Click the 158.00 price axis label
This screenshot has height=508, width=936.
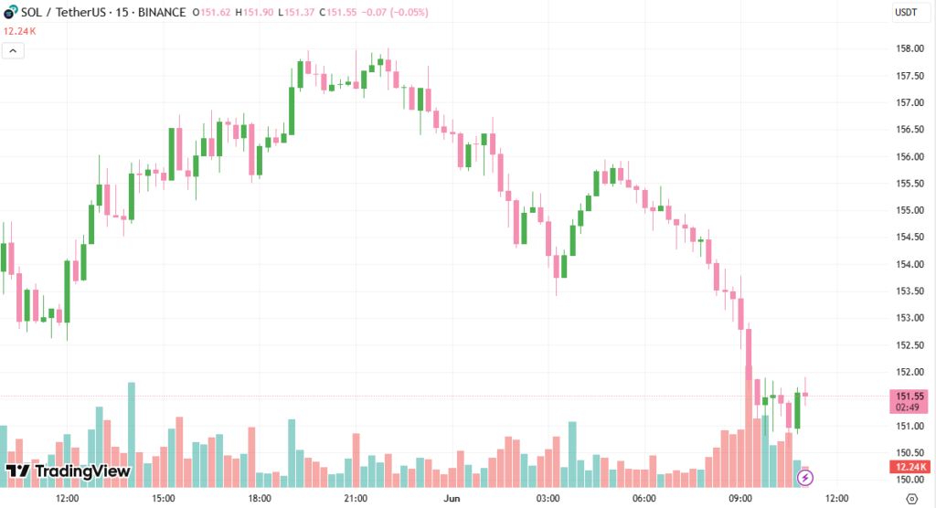coord(909,48)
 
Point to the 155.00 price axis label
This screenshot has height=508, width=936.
coord(909,210)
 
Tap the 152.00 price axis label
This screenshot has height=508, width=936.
coord(909,372)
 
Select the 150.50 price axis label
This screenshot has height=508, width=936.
coord(909,453)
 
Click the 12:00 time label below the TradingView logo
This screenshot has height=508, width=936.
coord(67,499)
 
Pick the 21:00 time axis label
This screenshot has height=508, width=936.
coord(356,499)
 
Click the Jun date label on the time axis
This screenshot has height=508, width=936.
coord(452,499)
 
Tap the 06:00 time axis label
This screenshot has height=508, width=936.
coord(644,499)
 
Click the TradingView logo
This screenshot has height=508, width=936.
coord(68,471)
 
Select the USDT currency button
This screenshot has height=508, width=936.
coord(906,13)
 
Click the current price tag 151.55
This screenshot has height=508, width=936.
coord(909,397)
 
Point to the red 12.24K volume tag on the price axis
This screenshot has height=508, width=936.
coord(909,468)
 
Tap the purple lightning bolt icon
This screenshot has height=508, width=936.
coord(805,477)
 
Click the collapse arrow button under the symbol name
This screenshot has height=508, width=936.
coord(14,51)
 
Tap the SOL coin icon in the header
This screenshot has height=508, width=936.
coord(10,13)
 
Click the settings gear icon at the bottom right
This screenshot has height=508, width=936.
coord(910,499)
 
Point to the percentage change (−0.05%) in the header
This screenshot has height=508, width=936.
coord(404,13)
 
